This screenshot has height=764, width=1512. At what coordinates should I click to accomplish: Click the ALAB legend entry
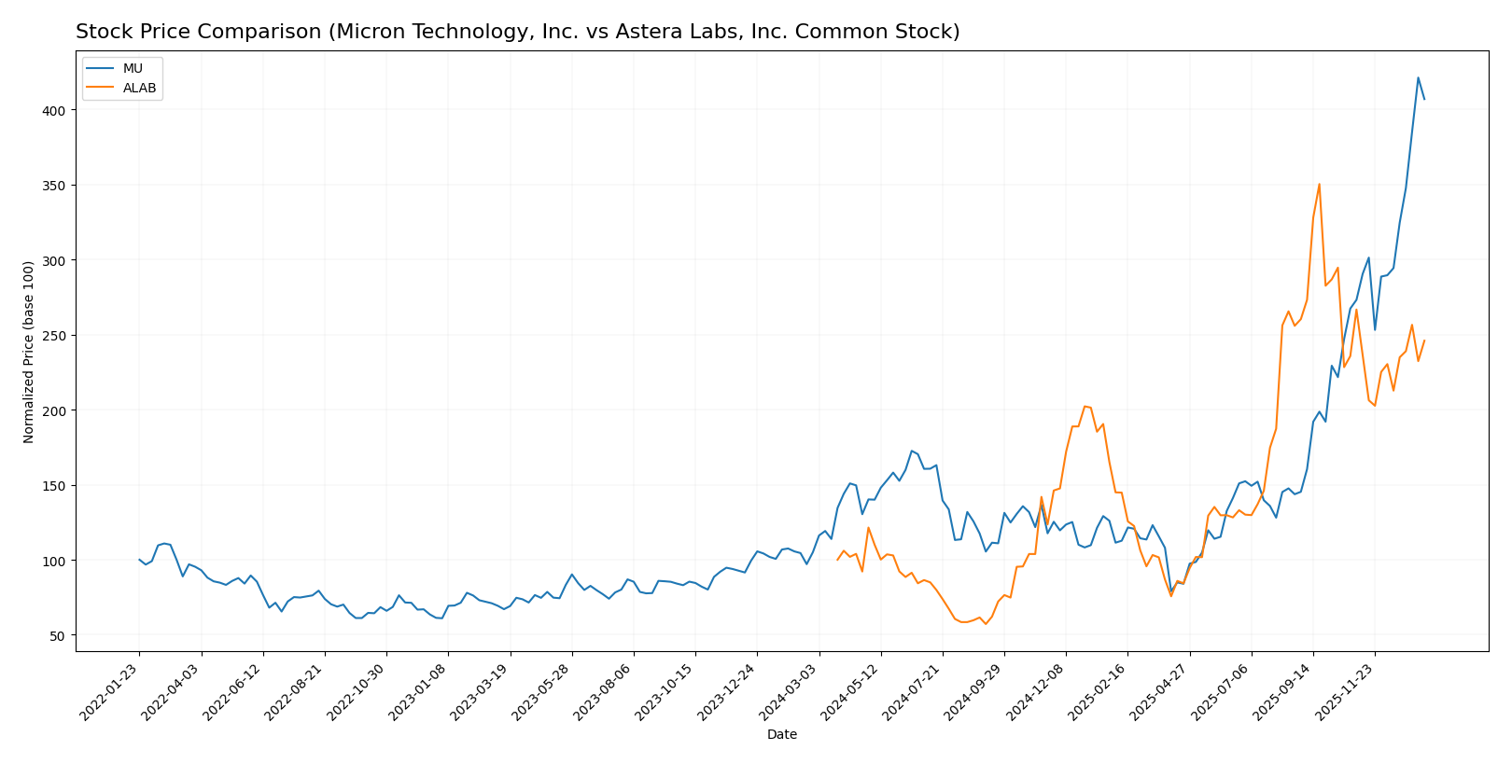[139, 89]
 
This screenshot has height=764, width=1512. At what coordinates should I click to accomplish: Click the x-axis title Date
[781, 735]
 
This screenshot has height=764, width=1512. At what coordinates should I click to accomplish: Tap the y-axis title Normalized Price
[29, 352]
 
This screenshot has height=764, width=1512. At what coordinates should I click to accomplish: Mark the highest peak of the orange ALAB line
[1319, 184]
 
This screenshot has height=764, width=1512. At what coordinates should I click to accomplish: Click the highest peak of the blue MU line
[1418, 77]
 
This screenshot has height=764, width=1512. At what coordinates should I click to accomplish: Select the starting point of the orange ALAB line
[837, 560]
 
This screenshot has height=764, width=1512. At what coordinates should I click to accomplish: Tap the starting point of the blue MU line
[139, 560]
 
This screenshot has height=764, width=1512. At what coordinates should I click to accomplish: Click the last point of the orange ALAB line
[1424, 340]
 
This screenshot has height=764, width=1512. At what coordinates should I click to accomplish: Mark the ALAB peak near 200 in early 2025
[1085, 406]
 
